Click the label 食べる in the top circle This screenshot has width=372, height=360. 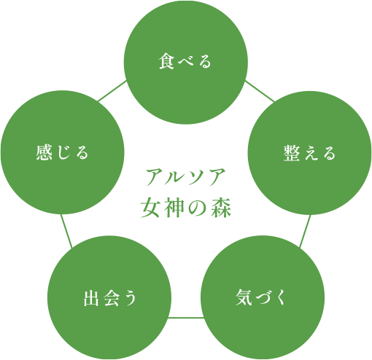[185, 61]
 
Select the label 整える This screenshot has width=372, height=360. [309, 153]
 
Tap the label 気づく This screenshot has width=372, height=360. [261, 297]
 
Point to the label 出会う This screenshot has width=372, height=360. [110, 298]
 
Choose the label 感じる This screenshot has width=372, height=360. [62, 152]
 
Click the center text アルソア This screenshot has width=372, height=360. [186, 177]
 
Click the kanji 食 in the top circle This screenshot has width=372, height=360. [167, 61]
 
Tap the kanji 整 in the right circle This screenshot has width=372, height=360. [292, 153]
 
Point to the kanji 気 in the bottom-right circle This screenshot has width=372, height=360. [244, 297]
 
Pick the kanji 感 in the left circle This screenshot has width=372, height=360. [44, 152]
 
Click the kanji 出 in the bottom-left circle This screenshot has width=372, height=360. [91, 298]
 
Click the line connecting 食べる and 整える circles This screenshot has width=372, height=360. [260, 91]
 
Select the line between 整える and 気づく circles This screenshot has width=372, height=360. [305, 231]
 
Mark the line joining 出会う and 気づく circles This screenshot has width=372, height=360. [186, 317]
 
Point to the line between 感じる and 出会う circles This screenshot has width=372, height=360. [66, 231]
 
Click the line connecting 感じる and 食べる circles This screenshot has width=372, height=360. [112, 90]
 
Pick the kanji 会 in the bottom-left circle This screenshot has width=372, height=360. [111, 298]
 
